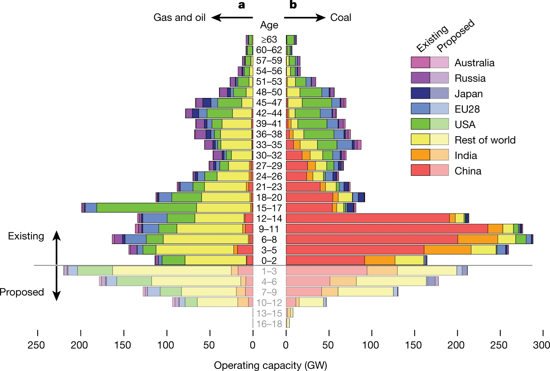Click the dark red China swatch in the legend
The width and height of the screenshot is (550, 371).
coord(420,170)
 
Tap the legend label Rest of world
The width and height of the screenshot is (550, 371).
coord(485,140)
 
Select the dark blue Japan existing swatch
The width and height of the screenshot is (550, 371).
coord(420,93)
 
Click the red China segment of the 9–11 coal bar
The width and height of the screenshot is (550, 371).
coord(386,229)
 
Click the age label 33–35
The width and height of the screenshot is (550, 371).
coord(269,145)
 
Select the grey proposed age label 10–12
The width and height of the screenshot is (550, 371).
coord(269,303)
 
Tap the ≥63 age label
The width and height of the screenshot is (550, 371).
coord(269,40)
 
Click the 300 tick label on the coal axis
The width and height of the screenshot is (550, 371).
coord(541,345)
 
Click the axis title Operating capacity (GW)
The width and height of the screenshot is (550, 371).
coord(270,365)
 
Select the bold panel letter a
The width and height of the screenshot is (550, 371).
coord(242,5)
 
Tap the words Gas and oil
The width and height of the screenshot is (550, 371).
coord(179,18)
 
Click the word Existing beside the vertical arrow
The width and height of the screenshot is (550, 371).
coord(26,236)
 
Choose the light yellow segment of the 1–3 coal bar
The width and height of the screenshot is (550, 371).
coord(427,271)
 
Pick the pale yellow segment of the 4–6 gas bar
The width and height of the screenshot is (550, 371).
coord(196,282)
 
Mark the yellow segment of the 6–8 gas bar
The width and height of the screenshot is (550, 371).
coord(206,239)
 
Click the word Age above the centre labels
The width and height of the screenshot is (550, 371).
coord(269,25)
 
